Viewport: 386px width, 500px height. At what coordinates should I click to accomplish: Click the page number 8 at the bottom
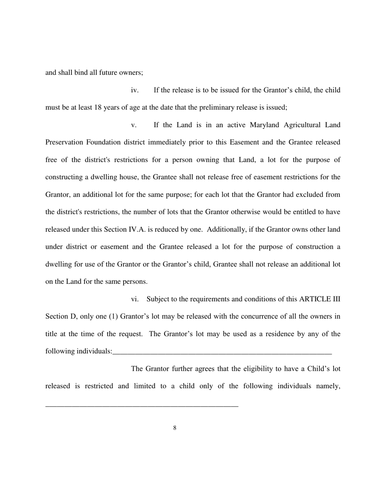click(175, 428)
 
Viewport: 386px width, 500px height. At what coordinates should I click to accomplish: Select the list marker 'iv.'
click(134, 90)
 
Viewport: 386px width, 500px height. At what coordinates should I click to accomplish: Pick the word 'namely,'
click(327, 386)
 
